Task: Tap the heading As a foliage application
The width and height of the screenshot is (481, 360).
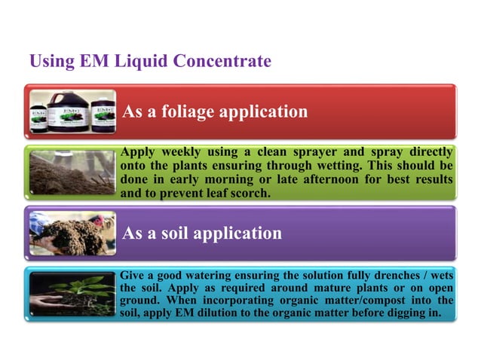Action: (215, 112)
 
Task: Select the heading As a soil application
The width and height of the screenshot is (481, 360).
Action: (202, 233)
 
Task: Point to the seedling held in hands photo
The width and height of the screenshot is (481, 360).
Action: (73, 294)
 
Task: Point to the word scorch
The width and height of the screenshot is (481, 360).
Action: (247, 193)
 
